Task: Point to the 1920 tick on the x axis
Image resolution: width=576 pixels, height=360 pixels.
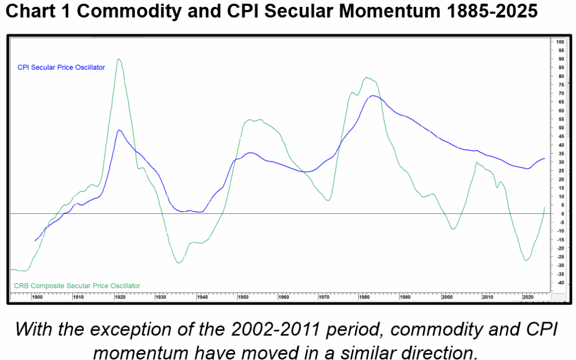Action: point(119,297)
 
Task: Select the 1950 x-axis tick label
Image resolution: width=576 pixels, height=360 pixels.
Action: point(243,297)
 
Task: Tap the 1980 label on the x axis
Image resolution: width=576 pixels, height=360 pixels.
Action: point(365,297)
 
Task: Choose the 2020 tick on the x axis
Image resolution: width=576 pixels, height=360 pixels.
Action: point(527,297)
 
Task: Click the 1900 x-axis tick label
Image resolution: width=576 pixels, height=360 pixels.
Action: point(37,297)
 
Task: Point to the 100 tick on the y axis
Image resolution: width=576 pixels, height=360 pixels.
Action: point(560,42)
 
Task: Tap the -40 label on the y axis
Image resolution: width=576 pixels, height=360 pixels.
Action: point(560,282)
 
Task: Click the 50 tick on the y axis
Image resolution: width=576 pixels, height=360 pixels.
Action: point(559,127)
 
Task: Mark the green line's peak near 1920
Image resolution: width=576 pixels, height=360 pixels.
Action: point(118,59)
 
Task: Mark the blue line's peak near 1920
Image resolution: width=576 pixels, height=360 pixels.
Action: point(119,130)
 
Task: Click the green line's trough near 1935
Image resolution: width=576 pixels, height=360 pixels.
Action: point(179,262)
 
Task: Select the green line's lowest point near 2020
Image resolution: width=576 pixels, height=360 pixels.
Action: point(526,260)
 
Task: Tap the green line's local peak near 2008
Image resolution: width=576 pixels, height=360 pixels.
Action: point(477,162)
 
